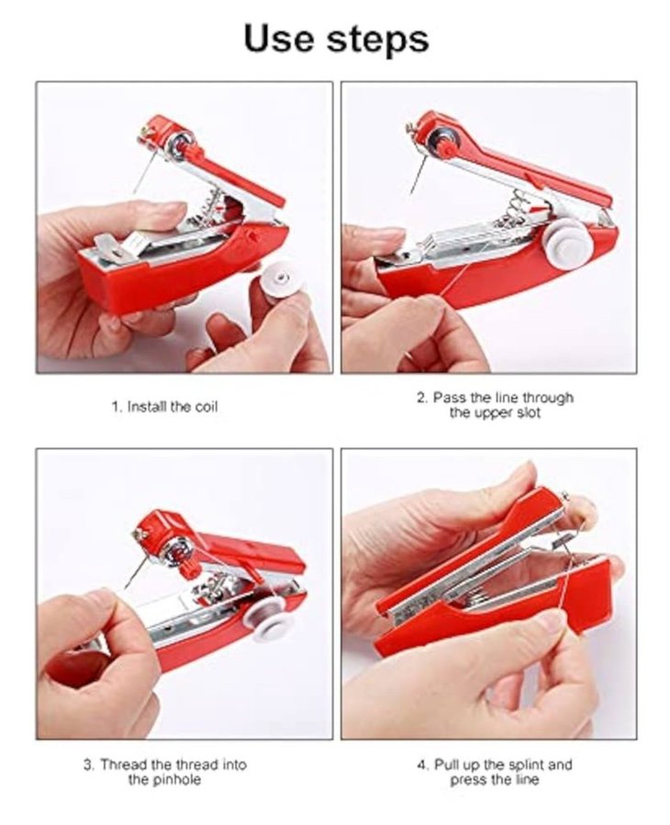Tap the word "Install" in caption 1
(147, 407)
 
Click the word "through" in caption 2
(547, 399)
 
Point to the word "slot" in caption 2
(528, 413)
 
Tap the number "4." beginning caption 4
(423, 764)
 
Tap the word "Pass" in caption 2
(448, 398)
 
